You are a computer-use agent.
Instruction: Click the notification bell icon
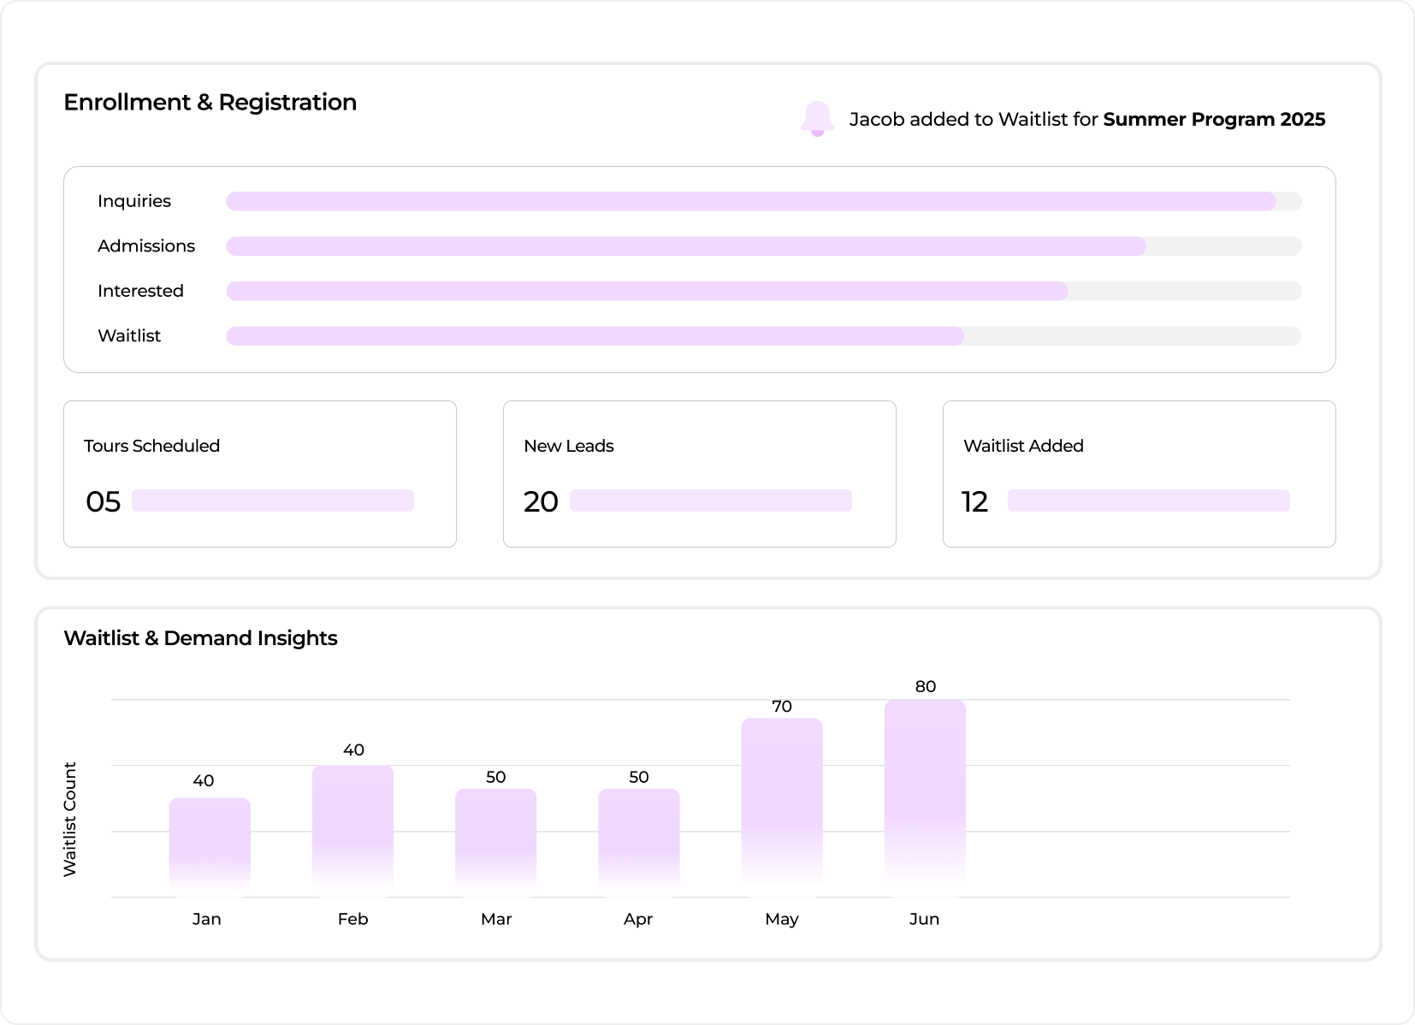[x=817, y=119]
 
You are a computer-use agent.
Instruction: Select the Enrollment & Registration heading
[x=210, y=103]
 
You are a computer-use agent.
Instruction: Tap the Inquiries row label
[x=134, y=201]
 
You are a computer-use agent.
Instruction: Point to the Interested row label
[x=141, y=291]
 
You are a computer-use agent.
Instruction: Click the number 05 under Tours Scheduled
[x=103, y=501]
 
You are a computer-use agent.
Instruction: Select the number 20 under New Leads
[x=541, y=501]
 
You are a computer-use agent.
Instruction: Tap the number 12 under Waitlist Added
[x=974, y=501]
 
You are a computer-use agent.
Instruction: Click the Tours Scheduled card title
[x=151, y=446]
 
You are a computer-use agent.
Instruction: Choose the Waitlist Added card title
[x=1023, y=446]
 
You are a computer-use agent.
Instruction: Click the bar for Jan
[x=210, y=847]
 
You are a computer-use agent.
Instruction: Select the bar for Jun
[x=925, y=798]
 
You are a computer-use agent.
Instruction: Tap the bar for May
[x=782, y=808]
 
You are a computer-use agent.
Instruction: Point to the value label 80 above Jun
[x=926, y=686]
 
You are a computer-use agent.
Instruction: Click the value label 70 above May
[x=782, y=706]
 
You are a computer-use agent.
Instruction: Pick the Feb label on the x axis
[x=352, y=919]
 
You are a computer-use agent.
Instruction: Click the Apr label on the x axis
[x=638, y=920]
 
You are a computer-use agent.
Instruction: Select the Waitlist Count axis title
[x=69, y=819]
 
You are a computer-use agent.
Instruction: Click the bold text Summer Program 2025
[x=1214, y=120]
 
